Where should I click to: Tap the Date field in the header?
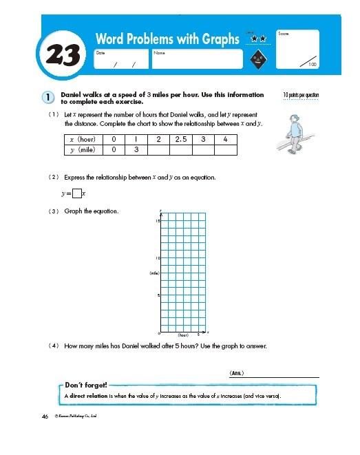tap(120, 59)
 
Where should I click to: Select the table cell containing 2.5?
tap(181, 139)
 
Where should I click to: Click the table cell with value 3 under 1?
tap(137, 149)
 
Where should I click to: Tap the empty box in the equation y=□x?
tap(76, 193)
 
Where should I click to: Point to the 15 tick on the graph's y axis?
tap(157, 222)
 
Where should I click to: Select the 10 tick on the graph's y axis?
tap(157, 258)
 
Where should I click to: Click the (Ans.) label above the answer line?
tap(236, 373)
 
